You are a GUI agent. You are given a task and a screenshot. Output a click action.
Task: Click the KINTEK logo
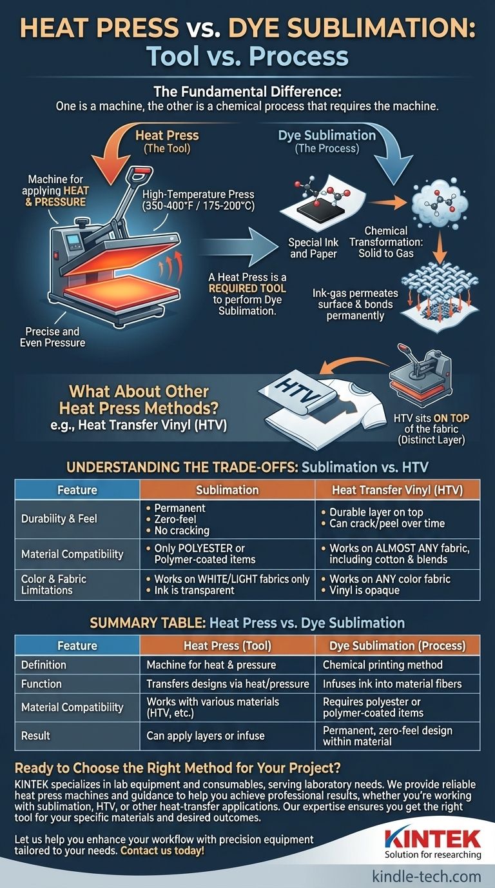432,843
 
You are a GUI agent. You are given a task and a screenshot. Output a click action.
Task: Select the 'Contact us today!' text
162,851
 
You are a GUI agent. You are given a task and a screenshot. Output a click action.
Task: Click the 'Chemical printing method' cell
383,665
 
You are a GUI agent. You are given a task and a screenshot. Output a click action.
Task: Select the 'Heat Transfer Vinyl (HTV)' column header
397,490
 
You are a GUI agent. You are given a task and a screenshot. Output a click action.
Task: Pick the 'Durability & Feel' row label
59,518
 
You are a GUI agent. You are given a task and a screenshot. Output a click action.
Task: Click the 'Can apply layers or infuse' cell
206,736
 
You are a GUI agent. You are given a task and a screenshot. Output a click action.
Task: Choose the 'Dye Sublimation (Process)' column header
397,646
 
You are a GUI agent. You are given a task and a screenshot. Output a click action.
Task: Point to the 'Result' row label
35,736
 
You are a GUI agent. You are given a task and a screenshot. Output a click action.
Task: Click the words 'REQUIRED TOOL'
247,288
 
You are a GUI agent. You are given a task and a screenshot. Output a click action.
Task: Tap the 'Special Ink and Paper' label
313,248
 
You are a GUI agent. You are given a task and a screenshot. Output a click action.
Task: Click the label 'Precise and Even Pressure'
53,337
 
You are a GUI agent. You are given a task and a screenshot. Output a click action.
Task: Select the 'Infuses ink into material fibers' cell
392,684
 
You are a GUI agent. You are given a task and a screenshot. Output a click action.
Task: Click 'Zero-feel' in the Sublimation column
175,519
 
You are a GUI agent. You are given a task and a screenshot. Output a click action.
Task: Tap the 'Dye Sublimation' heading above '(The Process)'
327,135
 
